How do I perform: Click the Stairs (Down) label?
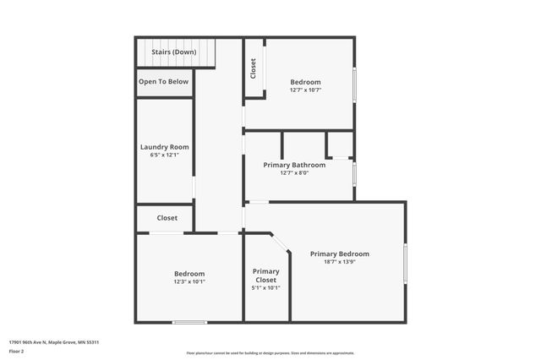click(173, 52)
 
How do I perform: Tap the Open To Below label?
click(164, 82)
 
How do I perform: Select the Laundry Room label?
click(164, 147)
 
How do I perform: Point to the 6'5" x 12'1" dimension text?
click(164, 155)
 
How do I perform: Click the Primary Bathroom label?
click(294, 165)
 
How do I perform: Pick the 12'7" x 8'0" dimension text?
click(294, 173)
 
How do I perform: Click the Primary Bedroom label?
click(339, 254)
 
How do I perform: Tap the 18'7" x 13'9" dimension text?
click(339, 262)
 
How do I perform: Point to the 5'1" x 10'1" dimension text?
click(265, 288)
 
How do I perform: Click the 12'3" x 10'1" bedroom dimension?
click(189, 281)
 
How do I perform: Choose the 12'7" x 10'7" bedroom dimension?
click(306, 90)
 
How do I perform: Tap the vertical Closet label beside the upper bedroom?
click(253, 68)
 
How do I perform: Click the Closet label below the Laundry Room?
click(167, 218)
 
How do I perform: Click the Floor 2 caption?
click(17, 351)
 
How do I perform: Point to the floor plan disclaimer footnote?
click(270, 353)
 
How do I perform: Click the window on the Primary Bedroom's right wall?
click(405, 263)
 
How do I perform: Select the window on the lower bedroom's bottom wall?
click(189, 322)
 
